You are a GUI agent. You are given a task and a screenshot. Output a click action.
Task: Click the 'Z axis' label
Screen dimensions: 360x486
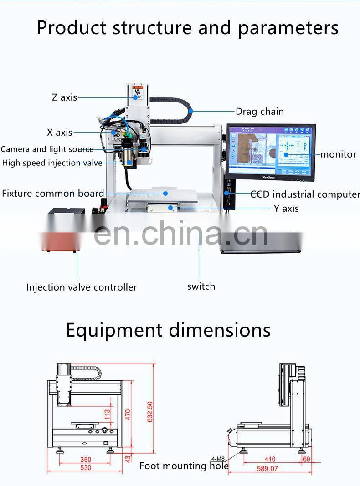[64, 97]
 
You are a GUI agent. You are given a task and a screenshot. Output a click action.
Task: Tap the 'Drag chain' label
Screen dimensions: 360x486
[259, 112]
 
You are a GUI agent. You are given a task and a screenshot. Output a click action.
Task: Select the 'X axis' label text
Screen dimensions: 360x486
[60, 133]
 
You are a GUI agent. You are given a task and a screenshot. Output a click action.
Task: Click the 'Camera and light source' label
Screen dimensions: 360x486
[47, 149]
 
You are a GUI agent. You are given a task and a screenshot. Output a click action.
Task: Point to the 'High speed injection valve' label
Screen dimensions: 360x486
[52, 163]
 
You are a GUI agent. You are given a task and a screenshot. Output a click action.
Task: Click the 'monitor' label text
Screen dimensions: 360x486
[338, 154]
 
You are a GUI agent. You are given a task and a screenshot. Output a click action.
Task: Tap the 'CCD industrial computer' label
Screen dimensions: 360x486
[304, 194]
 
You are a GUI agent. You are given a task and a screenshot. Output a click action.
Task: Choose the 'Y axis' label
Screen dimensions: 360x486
[286, 209]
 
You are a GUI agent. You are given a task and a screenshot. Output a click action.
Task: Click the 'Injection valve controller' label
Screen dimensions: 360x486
[82, 287]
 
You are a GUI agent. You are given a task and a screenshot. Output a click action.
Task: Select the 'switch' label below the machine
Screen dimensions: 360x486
[201, 286]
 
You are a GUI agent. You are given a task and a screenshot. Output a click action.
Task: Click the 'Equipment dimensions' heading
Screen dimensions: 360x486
[168, 330]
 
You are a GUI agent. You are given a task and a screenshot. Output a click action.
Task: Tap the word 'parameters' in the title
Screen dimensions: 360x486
[288, 28]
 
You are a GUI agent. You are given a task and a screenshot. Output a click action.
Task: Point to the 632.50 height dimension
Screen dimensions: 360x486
[150, 412]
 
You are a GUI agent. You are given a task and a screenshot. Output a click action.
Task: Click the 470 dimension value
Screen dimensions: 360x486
[128, 414]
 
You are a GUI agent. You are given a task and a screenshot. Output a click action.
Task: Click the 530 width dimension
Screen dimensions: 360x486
[85, 467]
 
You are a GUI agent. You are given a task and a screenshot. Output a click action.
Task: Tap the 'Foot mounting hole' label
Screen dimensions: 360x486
[184, 466]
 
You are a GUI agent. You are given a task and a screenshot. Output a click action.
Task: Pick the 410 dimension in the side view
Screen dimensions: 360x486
[270, 460]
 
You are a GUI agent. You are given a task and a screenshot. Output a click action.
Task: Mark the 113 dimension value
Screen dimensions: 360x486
[108, 414]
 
